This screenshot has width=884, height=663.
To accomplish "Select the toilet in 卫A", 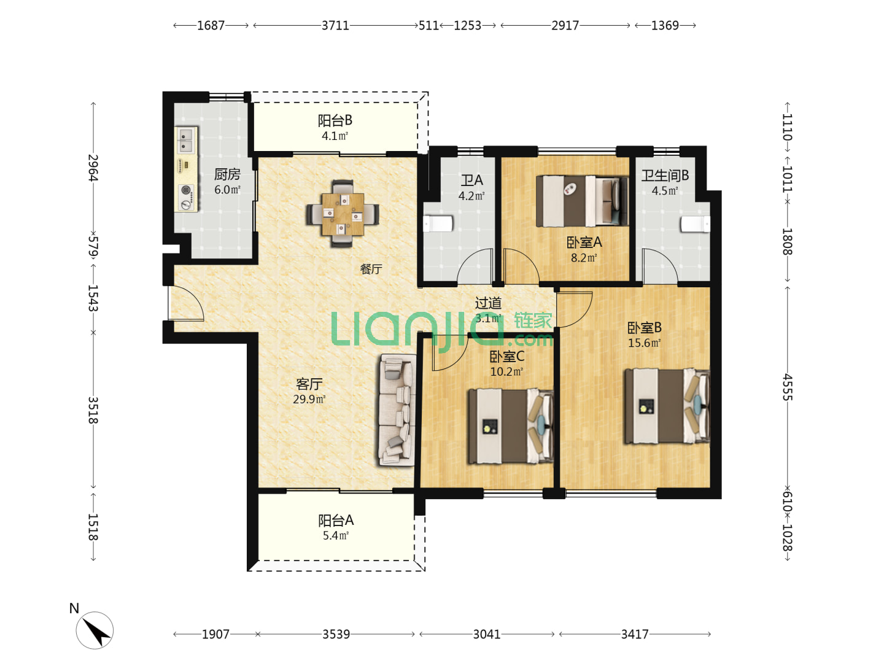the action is pos(438,224).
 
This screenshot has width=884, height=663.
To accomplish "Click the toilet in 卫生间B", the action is pos(695,224).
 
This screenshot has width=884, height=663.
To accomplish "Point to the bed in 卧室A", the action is pos(582,201).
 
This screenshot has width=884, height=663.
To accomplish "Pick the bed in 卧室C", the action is pos(510,426).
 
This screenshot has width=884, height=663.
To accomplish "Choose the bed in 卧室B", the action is pos(667,406).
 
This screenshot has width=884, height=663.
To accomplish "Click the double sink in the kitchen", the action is pos(185,140).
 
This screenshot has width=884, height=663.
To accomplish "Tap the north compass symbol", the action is pos(95,630).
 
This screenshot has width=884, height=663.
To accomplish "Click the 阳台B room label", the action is pos(335,120).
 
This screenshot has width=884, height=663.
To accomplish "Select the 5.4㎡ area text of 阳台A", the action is pos(335,535).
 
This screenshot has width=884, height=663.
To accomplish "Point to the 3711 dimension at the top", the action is pos(335,26).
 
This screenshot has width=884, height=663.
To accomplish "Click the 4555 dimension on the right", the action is pos(788,387).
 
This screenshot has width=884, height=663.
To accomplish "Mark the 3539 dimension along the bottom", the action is pos(336,634).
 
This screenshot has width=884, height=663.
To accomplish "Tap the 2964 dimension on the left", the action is pos(93,168).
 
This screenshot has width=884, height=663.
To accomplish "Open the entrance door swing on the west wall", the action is pos(186,303).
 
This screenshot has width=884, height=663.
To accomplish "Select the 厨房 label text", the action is pos(227,174).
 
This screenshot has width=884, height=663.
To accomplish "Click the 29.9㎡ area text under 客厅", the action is pos(309,399).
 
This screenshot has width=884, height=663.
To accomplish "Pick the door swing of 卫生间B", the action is pos(660,266).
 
